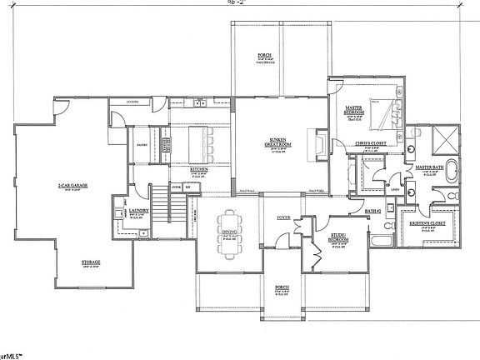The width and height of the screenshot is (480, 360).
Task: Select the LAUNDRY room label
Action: click(138, 211)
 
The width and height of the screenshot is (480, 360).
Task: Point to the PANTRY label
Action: click(142, 144)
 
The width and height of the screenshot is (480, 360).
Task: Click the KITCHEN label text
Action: click(198, 169)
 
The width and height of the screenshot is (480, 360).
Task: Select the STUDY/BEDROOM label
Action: click(337, 237)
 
